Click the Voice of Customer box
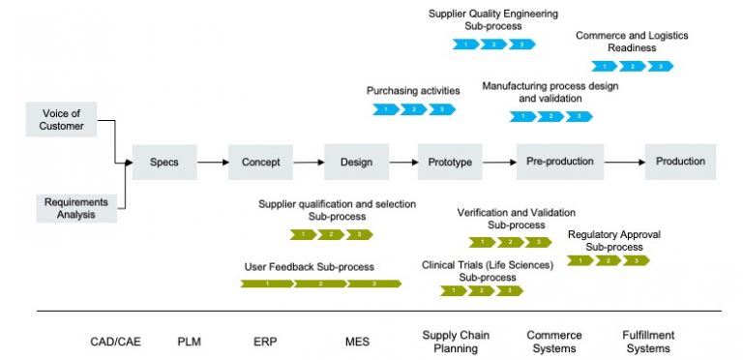61,119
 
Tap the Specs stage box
164,162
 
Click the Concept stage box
260,162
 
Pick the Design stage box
356,162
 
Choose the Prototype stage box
450,162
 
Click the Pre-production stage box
560,162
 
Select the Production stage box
680,162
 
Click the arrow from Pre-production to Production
625,163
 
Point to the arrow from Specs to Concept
212,163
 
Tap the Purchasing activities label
413,91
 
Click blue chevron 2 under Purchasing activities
414,109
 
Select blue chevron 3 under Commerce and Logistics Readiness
660,67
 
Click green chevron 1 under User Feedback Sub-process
266,284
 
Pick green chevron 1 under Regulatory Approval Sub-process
580,260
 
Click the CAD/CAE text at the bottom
115,342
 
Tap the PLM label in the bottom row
190,342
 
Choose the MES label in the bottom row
357,342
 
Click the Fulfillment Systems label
648,342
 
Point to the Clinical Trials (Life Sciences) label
487,264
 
